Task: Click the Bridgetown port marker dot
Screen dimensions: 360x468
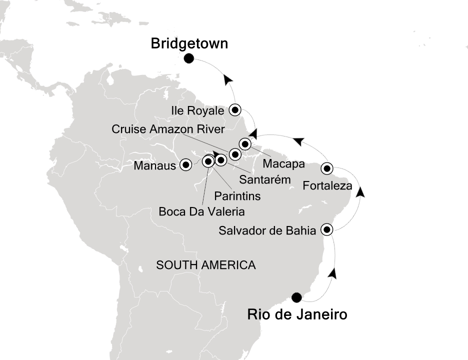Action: tap(189, 59)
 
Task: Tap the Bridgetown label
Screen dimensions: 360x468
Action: tap(189, 44)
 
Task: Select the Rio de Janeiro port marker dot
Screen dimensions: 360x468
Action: tap(296, 297)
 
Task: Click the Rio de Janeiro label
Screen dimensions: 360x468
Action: tap(297, 315)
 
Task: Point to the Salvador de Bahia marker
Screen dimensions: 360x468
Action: tap(327, 229)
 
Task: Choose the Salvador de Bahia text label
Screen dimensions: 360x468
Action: tap(268, 230)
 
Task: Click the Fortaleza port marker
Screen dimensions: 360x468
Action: tap(327, 168)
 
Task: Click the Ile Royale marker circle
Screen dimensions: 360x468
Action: tap(235, 109)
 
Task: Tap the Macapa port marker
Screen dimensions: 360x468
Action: tap(244, 144)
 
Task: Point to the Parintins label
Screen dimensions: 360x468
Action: tap(237, 196)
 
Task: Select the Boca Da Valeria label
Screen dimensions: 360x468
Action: tap(201, 212)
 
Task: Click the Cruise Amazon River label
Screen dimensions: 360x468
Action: tap(167, 129)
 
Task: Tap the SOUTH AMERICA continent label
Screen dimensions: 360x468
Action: tap(206, 265)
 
